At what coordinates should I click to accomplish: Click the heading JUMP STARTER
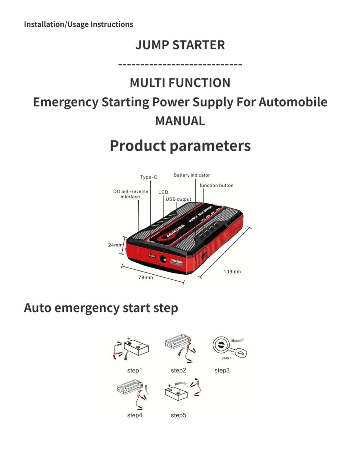point(180,45)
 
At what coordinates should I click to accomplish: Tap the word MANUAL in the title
point(180,121)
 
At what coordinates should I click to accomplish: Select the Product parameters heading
point(180,146)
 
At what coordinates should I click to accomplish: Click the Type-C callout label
point(148,177)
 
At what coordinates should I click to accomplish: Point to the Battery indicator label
point(192,175)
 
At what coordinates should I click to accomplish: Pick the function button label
point(216,185)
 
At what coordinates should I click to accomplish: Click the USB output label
point(178,199)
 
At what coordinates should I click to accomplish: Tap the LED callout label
point(163,192)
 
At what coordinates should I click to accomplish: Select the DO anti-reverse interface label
point(130,194)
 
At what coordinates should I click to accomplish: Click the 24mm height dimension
point(115,245)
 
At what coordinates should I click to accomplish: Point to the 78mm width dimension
point(145,277)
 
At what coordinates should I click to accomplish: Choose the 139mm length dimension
point(232,271)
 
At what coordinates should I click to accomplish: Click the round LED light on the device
point(163,259)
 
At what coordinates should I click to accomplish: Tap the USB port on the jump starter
point(177,262)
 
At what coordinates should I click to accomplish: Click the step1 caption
point(135,370)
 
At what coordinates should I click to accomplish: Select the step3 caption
point(222,370)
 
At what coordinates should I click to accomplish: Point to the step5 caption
point(178,415)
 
